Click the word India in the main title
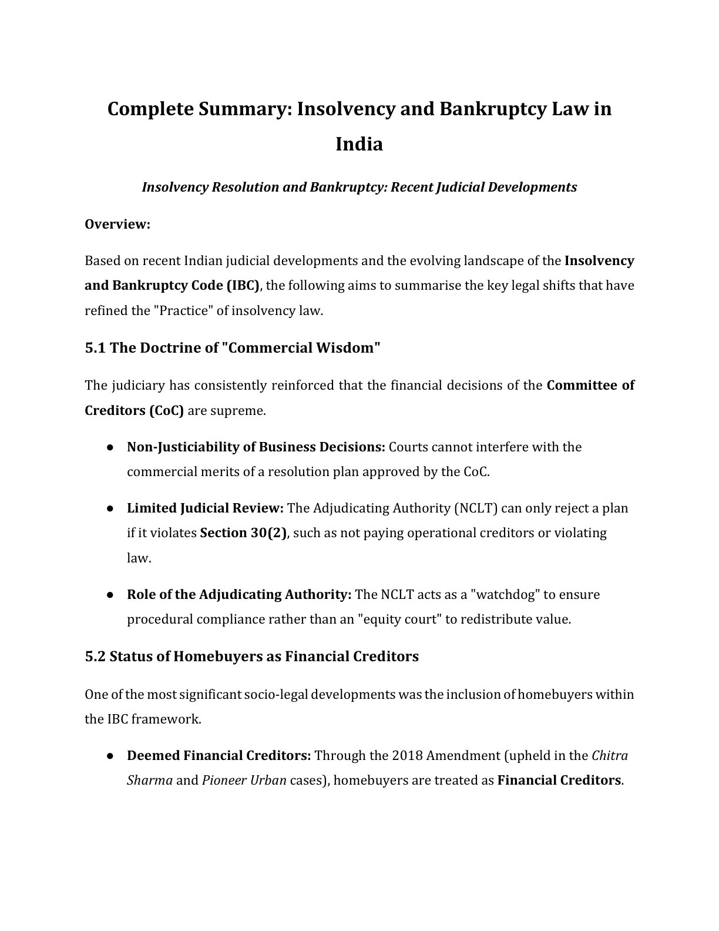click(x=359, y=144)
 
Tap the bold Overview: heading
click(x=117, y=225)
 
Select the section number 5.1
click(x=95, y=348)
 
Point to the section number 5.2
click(x=95, y=657)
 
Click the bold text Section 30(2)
click(x=244, y=533)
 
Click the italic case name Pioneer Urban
click(x=244, y=781)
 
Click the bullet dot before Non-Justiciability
click(x=110, y=447)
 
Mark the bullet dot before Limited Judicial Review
click(x=110, y=508)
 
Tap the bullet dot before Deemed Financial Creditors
click(x=110, y=756)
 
